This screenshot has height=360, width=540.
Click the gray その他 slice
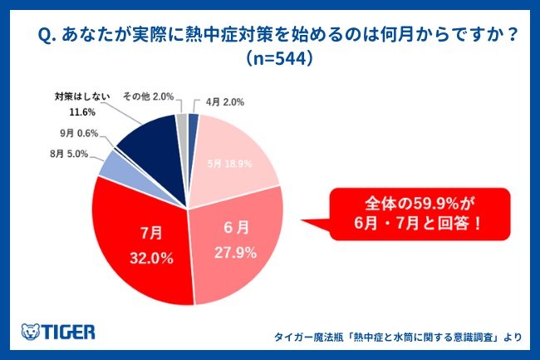point(182,122)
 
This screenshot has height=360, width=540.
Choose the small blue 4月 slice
point(193,122)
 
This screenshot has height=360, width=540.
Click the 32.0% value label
point(150,258)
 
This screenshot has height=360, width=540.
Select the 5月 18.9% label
point(229,164)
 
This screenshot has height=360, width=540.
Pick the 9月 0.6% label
point(78,133)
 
